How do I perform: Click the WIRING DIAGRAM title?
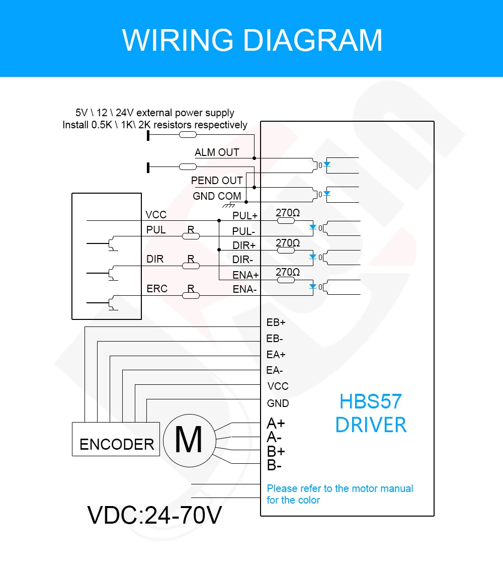[252, 40]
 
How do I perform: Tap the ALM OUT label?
[217, 152]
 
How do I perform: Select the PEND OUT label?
[217, 180]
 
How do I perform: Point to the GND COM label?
[217, 196]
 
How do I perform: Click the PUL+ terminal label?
[245, 216]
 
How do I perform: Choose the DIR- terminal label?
[242, 260]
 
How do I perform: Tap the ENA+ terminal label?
[245, 275]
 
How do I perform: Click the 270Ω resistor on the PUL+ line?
[286, 220]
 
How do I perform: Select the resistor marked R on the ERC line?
[191, 295]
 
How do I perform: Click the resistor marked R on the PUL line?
[191, 236]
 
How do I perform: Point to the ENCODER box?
[116, 439]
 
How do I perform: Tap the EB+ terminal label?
[276, 322]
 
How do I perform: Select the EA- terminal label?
[275, 370]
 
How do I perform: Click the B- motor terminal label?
[274, 465]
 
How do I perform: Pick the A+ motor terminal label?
[276, 424]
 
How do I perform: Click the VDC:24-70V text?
[154, 515]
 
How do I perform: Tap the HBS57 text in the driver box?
[371, 401]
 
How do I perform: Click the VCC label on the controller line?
[156, 215]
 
